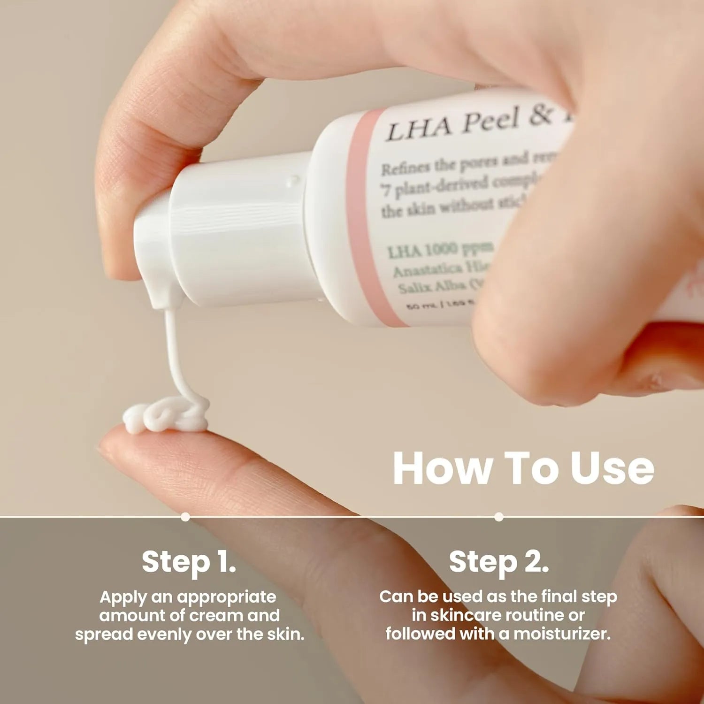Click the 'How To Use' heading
[x=523, y=468]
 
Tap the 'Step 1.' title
[x=189, y=562]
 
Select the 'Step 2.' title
[x=498, y=562]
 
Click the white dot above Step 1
[x=185, y=517]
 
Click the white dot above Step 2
[x=499, y=517]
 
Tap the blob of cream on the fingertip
[x=164, y=416]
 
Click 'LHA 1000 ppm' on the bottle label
[x=440, y=251]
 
